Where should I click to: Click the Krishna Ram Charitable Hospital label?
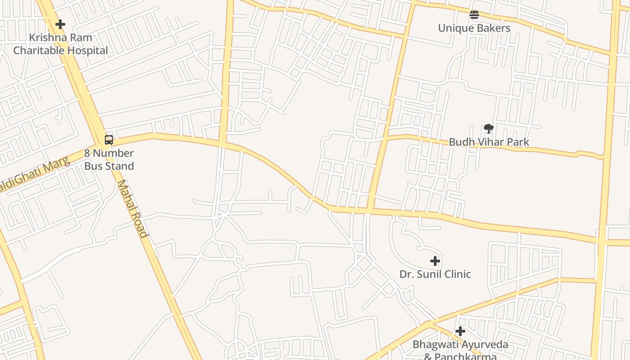60,44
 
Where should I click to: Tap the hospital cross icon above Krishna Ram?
60,24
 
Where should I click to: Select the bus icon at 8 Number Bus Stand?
109,139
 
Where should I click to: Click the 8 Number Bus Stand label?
109,159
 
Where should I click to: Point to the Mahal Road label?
132,209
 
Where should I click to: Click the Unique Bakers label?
474,28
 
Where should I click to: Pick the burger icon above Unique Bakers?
474,15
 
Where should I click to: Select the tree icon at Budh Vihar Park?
489,129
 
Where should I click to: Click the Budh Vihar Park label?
489,142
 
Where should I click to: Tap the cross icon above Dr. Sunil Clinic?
435,261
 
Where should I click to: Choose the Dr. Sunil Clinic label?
435,274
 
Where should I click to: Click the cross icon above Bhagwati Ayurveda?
460,332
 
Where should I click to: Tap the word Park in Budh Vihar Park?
518,142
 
